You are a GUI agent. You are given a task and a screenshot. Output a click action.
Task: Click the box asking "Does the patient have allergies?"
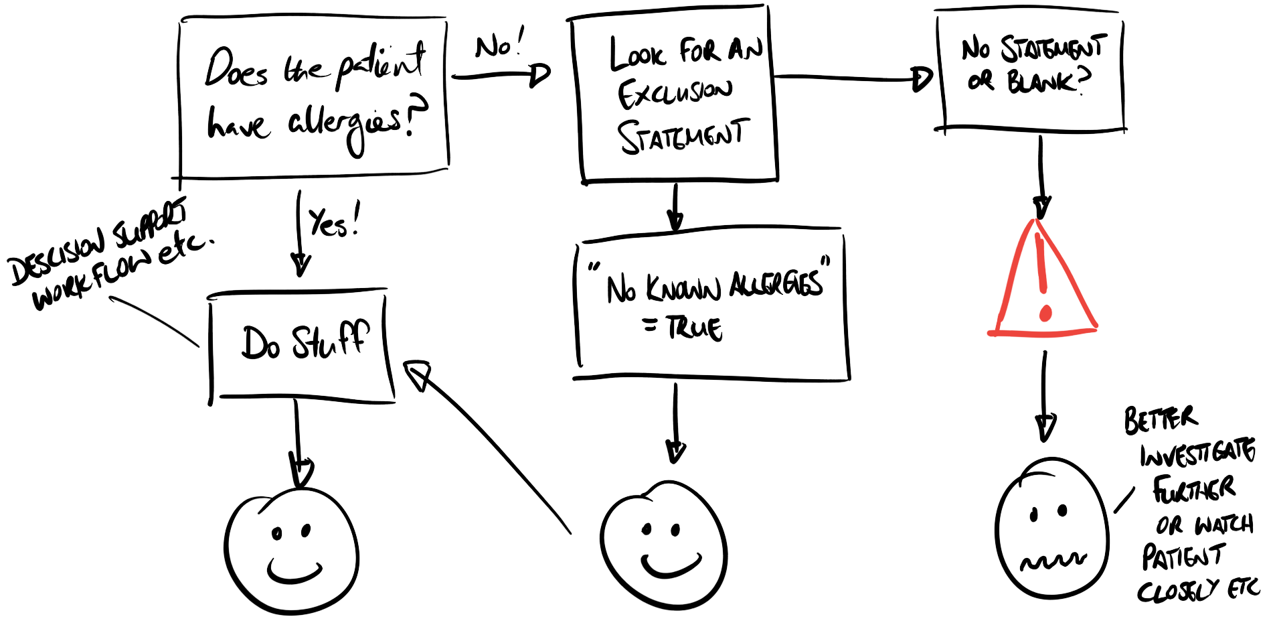coord(313,97)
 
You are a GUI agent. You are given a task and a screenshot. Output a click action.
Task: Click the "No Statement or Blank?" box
coord(1031,70)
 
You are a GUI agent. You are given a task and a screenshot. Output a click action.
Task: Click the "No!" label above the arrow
coord(499,45)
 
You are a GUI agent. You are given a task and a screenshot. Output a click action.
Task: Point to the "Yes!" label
coord(333,220)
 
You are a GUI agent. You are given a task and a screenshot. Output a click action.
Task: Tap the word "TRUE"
coord(695,328)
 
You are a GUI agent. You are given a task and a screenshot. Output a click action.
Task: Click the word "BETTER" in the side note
coord(1160,419)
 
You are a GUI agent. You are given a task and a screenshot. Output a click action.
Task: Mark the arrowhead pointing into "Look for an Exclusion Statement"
coord(539,75)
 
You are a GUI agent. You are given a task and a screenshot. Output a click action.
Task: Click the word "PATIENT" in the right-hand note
coord(1183,556)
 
